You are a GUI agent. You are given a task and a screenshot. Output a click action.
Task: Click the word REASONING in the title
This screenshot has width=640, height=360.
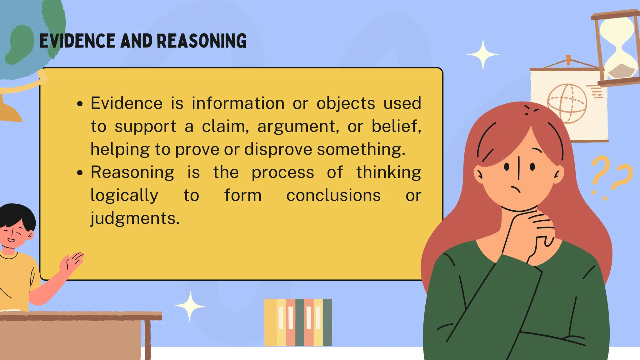[201, 41]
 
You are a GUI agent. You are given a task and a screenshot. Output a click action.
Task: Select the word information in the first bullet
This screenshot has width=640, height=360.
[238, 103]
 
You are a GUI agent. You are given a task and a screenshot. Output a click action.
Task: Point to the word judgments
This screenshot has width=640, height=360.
[135, 218]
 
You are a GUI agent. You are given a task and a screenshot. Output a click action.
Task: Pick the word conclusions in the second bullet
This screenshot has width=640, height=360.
[333, 195]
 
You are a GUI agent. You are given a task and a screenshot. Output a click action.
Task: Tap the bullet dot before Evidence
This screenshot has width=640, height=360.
[80, 104]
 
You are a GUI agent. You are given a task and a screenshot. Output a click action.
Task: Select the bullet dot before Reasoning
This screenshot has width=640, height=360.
[80, 172]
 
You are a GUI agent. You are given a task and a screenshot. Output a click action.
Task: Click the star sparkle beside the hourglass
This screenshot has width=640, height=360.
[483, 54]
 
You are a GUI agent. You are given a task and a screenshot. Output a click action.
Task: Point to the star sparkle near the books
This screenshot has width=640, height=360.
[190, 306]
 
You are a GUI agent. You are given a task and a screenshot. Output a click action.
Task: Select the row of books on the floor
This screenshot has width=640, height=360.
[298, 322]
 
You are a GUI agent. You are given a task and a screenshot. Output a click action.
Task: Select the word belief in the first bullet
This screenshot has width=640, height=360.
[396, 126]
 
